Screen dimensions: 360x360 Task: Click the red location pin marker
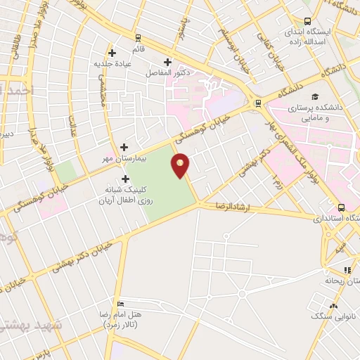point(181,165)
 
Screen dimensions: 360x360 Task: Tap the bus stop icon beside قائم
point(139,38)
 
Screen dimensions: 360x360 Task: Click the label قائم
point(137,49)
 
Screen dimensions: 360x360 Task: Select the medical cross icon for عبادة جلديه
point(112,52)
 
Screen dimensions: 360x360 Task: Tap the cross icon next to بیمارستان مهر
point(124,147)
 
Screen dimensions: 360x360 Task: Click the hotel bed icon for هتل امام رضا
point(122,304)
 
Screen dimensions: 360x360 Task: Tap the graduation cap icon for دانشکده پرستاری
point(316,97)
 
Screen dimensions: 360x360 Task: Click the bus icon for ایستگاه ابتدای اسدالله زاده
point(307,21)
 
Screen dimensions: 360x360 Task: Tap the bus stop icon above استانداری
point(341,207)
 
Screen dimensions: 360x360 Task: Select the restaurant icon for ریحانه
point(347,271)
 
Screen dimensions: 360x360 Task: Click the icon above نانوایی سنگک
point(334,306)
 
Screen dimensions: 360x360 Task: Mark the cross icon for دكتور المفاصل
point(167,61)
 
